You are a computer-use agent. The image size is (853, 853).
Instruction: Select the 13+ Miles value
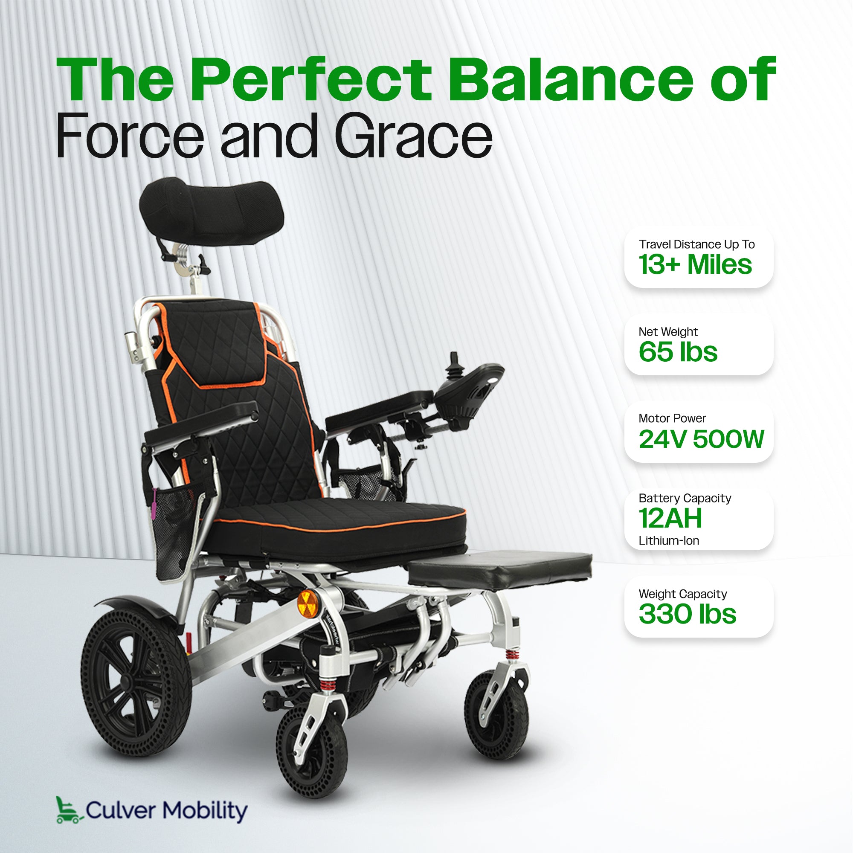click(695, 264)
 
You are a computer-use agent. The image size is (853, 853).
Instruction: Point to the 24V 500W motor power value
click(701, 439)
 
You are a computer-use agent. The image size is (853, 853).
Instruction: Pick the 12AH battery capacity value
click(670, 518)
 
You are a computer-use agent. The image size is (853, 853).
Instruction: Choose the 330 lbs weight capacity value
click(688, 614)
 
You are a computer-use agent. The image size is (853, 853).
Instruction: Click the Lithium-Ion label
click(669, 540)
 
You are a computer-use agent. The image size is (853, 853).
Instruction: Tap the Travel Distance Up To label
click(697, 244)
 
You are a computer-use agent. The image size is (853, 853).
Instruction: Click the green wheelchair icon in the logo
click(69, 810)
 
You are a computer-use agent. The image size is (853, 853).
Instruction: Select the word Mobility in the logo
click(205, 811)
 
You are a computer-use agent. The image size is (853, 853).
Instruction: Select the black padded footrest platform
click(499, 570)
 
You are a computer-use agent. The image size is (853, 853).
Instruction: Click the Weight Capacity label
click(682, 594)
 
